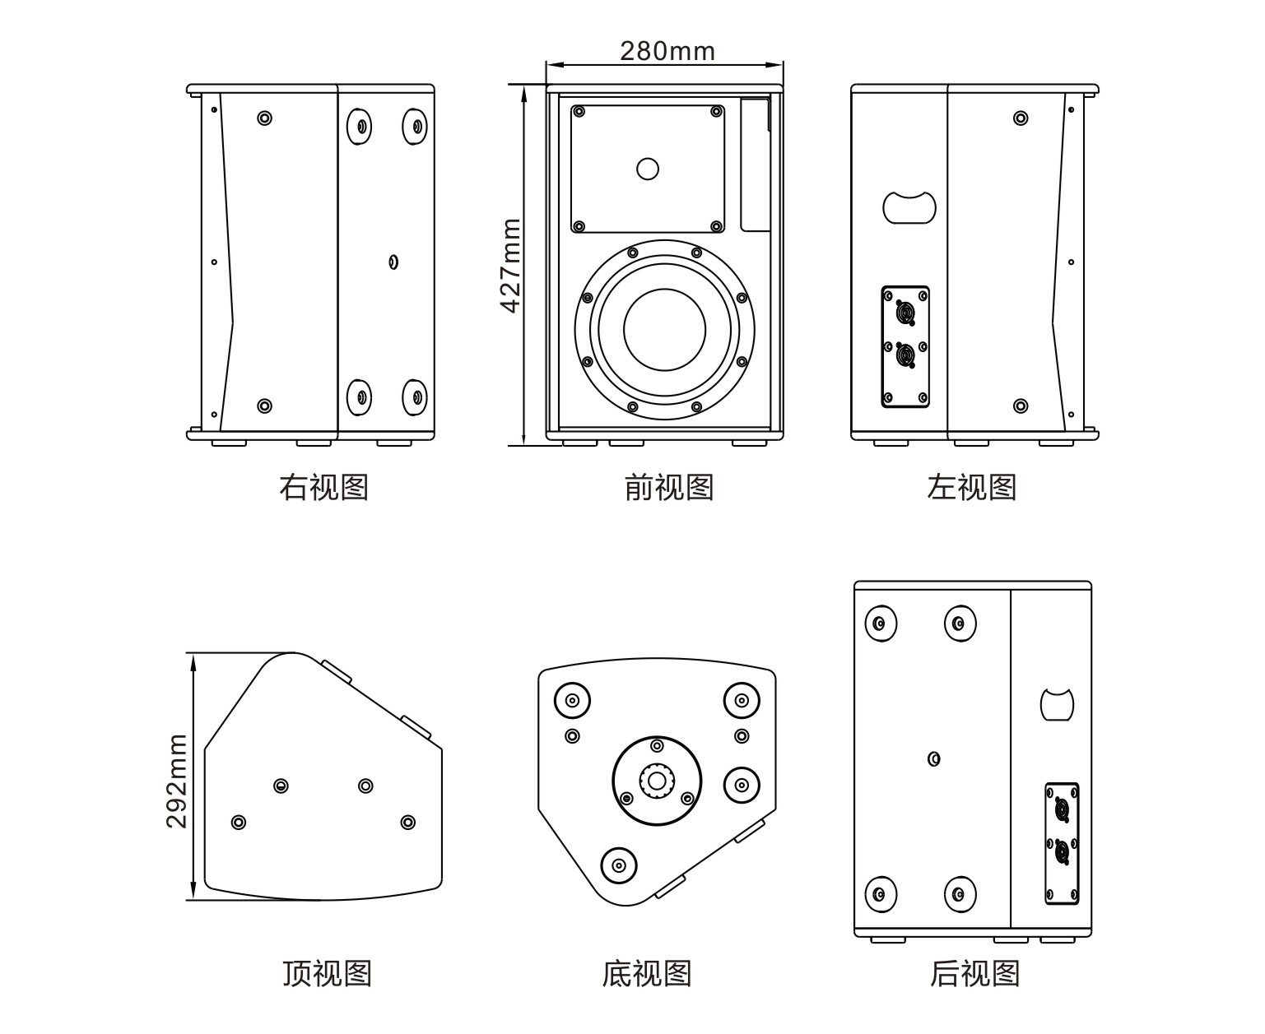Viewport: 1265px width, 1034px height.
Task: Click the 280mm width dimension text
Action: click(667, 51)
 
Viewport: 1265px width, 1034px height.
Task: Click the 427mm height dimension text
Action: click(511, 265)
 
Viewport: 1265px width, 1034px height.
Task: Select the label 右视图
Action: click(323, 487)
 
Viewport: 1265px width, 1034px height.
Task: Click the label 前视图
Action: click(668, 487)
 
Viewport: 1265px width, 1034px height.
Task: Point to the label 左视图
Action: click(972, 487)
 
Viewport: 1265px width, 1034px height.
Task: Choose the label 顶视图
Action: click(327, 973)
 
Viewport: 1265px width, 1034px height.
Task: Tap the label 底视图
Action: click(646, 973)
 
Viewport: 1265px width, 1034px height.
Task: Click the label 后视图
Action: click(974, 973)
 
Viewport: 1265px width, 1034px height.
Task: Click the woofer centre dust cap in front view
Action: click(664, 329)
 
